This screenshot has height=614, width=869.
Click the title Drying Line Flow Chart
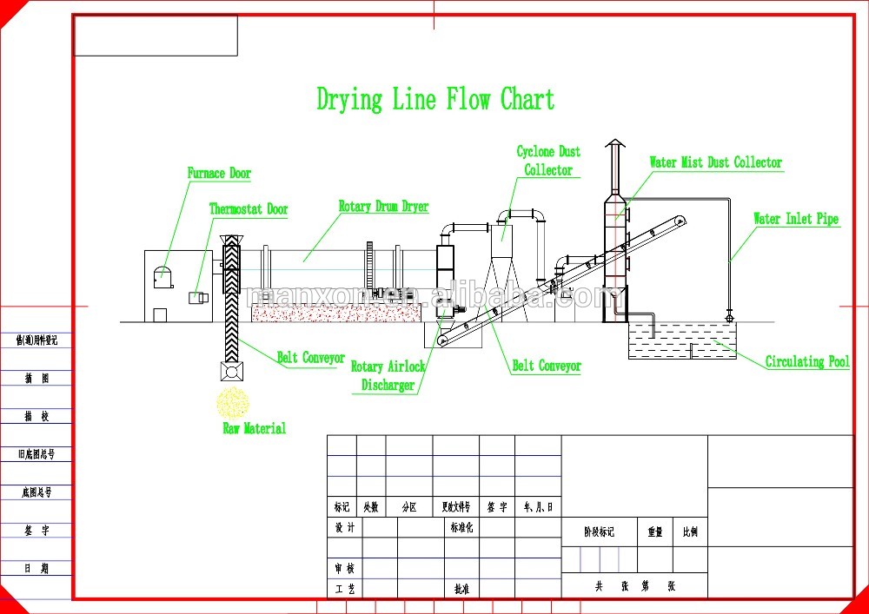tap(434, 100)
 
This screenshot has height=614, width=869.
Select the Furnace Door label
tap(219, 174)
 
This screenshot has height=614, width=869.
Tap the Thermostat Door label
tap(248, 209)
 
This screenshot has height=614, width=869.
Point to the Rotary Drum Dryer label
tap(383, 207)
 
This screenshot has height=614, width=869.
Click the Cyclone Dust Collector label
tap(548, 161)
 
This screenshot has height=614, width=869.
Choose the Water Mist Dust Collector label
tap(715, 162)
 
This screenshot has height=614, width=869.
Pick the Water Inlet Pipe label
tap(795, 219)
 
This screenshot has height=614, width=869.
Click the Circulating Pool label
tap(807, 361)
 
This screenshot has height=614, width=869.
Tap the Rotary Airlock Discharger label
tap(388, 376)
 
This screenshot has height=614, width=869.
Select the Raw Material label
tap(254, 428)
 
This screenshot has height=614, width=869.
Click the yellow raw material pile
tap(233, 404)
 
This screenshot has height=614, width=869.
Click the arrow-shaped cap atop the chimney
tap(614, 143)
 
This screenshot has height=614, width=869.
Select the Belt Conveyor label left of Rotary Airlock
tap(310, 358)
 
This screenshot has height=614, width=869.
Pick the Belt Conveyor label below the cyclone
tap(546, 366)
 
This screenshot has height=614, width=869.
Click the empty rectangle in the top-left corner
tap(156, 36)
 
